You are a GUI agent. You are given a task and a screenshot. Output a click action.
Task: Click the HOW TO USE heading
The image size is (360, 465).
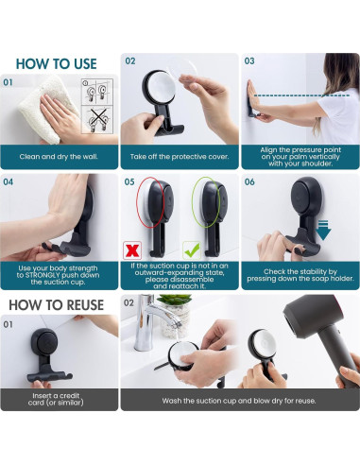(x=57, y=64)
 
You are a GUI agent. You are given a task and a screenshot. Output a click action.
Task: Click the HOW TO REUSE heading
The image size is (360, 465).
(x=57, y=305)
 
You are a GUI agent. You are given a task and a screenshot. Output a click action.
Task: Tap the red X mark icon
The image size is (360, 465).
(x=132, y=250)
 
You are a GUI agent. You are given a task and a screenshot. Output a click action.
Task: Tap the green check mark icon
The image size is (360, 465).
(x=192, y=250)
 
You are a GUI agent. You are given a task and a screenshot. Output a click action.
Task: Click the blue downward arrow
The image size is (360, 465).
(x=323, y=231)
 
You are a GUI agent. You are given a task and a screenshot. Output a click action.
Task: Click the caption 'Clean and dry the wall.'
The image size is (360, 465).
(x=59, y=157)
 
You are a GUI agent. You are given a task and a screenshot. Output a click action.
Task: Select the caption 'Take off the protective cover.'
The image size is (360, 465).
(x=180, y=157)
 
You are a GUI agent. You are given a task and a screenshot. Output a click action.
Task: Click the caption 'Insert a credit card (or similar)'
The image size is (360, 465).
(x=56, y=399)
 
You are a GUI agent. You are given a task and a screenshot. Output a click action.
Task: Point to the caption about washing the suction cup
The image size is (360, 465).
(x=239, y=401)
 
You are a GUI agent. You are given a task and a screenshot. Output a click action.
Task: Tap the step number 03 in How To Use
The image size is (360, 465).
(x=249, y=60)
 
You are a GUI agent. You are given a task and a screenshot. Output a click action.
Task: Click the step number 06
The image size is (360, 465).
(x=249, y=181)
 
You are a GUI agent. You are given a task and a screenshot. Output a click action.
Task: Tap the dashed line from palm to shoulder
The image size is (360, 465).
(x=301, y=95)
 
